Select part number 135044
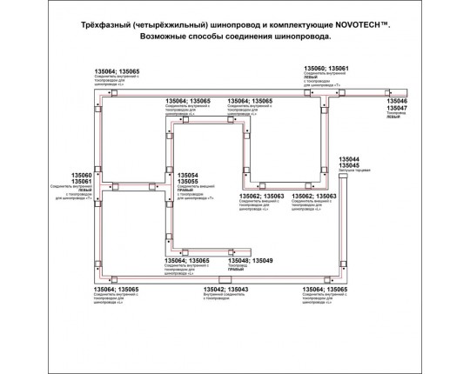tap(349, 159)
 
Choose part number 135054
tap(187, 175)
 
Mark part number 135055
tap(187, 182)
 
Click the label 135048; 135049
tap(251, 261)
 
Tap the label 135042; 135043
tap(225, 289)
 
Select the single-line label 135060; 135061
tap(326, 67)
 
